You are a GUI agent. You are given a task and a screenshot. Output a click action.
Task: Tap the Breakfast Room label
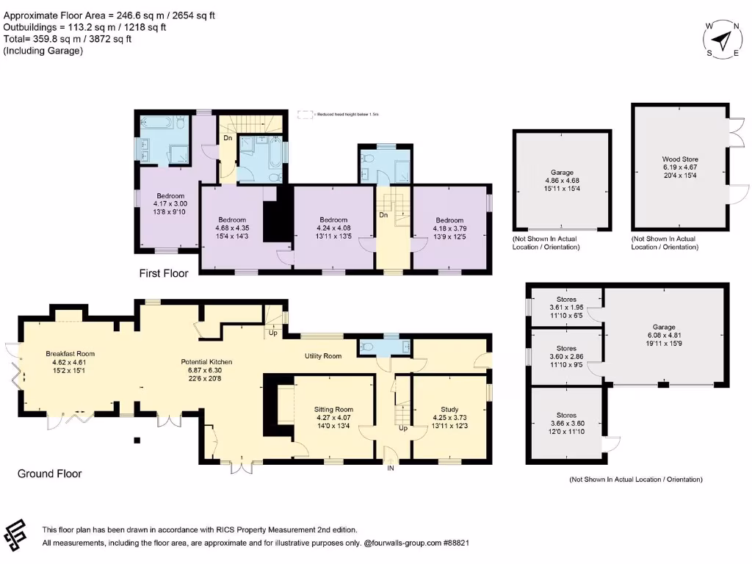[70, 353]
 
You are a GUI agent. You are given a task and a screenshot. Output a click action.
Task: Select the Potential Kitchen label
[206, 362]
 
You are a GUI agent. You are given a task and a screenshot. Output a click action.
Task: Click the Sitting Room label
[333, 409]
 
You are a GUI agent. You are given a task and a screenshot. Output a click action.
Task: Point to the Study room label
[449, 409]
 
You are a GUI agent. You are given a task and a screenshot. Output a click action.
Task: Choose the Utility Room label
[323, 356]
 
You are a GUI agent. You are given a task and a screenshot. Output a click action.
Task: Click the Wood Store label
[679, 159]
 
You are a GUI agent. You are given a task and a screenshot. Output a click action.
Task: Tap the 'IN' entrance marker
[391, 469]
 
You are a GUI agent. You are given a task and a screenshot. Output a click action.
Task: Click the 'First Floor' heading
[164, 273]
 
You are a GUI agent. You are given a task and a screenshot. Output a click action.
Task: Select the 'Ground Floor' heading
[50, 474]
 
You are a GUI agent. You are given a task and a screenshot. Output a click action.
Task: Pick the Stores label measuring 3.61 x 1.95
[565, 299]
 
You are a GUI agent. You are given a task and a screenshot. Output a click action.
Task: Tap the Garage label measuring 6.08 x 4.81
[665, 328]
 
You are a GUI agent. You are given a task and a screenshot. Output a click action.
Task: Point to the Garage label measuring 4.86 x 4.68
[562, 173]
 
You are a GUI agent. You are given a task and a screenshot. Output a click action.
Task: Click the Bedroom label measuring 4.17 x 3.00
[170, 195]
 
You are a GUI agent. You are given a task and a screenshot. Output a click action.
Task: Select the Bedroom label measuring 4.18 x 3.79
[449, 220]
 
